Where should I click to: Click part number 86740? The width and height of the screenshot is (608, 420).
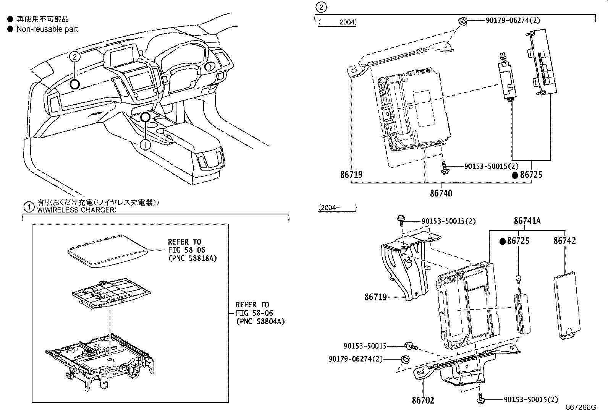[441, 193]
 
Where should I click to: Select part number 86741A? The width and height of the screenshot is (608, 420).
[527, 221]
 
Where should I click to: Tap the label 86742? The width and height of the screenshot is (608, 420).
[564, 241]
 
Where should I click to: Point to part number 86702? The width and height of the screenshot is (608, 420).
[423, 401]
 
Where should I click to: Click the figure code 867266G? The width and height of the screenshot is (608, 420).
[581, 407]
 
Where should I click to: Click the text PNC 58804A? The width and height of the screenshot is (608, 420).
[260, 321]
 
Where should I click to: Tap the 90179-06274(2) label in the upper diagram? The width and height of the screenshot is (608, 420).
[513, 20]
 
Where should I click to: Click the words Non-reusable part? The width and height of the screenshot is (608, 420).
[47, 29]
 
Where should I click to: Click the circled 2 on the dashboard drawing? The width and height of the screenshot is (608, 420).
[75, 57]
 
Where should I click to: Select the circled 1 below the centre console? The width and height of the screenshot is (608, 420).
[146, 144]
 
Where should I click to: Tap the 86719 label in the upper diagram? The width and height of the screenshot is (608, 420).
[351, 175]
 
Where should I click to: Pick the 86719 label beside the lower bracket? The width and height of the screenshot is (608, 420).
[375, 297]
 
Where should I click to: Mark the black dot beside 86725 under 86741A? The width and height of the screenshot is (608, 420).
[503, 241]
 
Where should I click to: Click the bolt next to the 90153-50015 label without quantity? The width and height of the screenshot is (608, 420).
[411, 346]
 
